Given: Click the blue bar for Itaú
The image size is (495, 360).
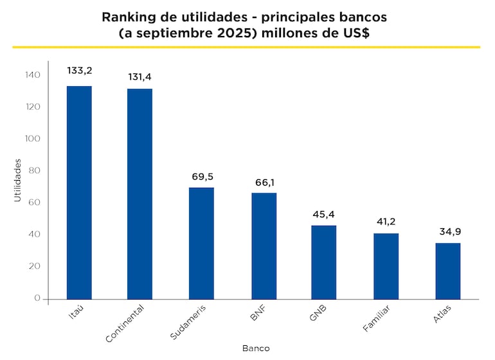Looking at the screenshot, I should [x=79, y=193].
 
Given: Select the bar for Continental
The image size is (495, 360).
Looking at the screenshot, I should [x=139, y=193].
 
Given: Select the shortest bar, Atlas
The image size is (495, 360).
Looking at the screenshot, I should [x=447, y=271].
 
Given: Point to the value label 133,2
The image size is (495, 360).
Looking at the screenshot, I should [x=79, y=70].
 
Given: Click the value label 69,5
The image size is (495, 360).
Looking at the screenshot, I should [x=203, y=175].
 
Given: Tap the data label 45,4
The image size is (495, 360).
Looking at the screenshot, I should [x=323, y=214].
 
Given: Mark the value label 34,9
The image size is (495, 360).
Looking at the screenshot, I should [x=448, y=231].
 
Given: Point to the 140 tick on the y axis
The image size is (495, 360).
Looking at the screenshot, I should [x=33, y=75].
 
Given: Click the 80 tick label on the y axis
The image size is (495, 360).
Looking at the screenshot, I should [x=34, y=170].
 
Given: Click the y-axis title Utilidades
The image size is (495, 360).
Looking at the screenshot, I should [x=17, y=182].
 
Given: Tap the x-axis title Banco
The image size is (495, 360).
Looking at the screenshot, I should [x=256, y=348].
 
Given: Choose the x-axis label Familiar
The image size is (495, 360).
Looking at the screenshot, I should [x=377, y=318].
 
